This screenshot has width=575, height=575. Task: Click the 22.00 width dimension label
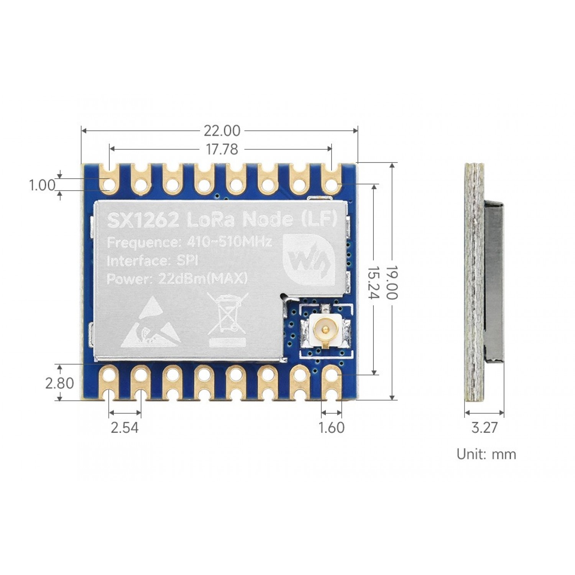(x=222, y=131)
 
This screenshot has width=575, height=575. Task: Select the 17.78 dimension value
(x=222, y=149)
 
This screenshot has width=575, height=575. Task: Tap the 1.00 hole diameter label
(x=42, y=186)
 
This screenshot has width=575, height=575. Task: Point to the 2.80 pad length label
(x=59, y=383)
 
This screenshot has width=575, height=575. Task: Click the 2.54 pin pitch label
(x=125, y=427)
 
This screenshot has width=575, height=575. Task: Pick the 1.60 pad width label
(x=332, y=427)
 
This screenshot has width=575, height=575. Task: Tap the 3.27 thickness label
(x=484, y=427)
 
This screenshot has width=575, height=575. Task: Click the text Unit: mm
(x=486, y=454)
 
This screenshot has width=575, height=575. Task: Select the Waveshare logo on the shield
(x=309, y=260)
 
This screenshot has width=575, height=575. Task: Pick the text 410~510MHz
(x=229, y=242)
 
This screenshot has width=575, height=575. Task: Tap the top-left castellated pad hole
(x=110, y=185)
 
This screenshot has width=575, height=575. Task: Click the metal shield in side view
(x=494, y=282)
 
